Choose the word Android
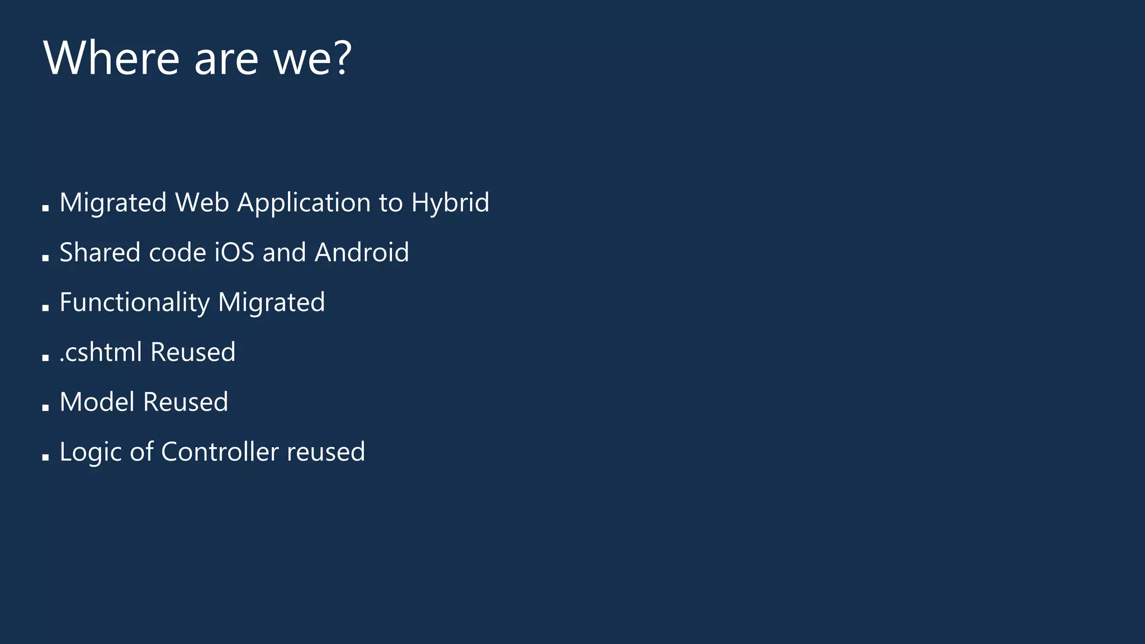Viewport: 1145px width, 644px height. (362, 252)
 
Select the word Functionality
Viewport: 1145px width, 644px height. (134, 303)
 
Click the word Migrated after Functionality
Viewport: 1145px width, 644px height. (271, 303)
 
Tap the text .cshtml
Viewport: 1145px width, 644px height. (101, 352)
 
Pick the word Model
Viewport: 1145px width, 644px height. (97, 402)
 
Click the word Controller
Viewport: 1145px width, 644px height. (220, 452)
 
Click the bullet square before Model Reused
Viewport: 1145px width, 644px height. (45, 408)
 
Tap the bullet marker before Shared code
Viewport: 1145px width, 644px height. (45, 258)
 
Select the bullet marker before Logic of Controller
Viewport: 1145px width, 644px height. (45, 457)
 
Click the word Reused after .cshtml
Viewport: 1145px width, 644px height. (193, 352)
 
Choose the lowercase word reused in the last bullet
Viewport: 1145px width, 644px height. (325, 452)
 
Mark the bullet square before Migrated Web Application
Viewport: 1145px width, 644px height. (45, 208)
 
